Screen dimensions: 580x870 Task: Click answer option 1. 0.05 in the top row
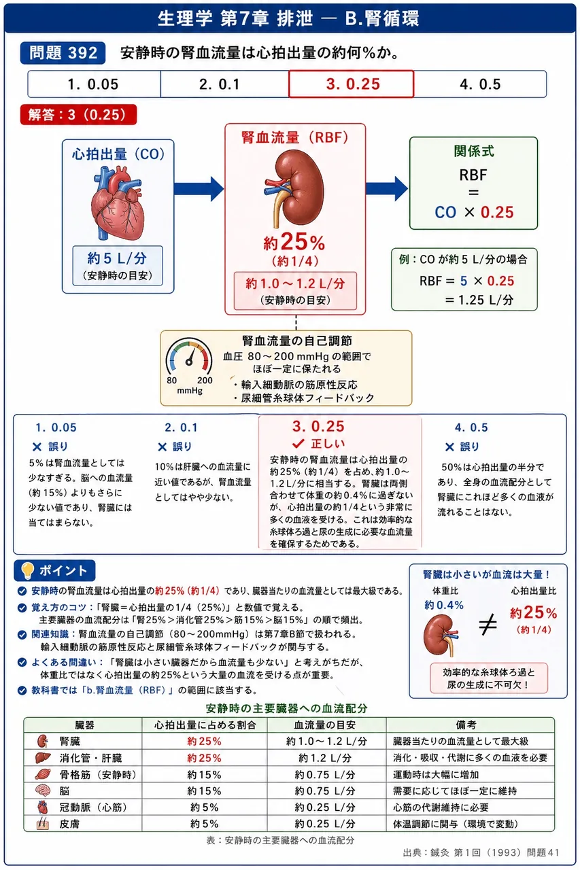point(93,84)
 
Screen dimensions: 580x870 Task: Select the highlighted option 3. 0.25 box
point(351,84)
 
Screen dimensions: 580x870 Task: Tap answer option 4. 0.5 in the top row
point(480,84)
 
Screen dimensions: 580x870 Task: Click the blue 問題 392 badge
point(63,53)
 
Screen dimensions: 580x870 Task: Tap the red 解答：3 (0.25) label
point(78,115)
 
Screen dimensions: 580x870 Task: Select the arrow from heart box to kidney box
point(199,189)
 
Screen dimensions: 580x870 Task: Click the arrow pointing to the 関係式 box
point(387,188)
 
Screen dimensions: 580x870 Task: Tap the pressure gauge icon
point(189,358)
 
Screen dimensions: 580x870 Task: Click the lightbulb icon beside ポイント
point(27,570)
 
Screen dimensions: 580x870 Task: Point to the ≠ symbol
point(488,625)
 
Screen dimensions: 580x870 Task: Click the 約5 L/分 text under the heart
point(118,258)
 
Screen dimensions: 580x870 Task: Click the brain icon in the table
point(42,790)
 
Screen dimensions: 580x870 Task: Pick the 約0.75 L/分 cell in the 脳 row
point(325,790)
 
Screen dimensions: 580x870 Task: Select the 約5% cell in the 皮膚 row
point(205,823)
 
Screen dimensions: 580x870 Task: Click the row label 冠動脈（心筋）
point(93,807)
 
